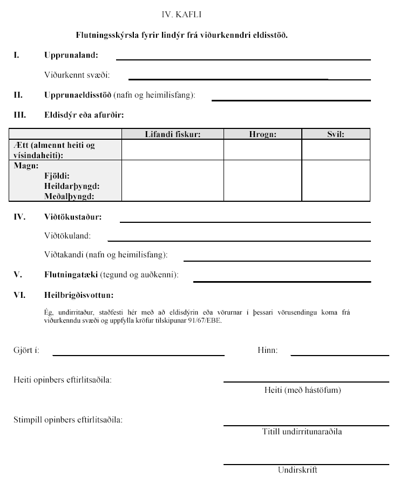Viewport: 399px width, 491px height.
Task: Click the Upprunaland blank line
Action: click(243, 59)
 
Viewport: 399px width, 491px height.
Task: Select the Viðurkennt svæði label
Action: click(77, 76)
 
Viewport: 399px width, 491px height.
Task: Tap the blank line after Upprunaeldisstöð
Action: click(290, 100)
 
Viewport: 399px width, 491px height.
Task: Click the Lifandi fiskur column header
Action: click(173, 134)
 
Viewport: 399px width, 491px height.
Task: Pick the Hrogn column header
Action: click(262, 134)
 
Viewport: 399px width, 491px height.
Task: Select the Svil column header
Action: click(335, 134)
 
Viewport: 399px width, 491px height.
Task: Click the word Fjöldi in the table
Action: click(57, 176)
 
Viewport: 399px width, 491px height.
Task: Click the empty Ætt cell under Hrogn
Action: click(262, 149)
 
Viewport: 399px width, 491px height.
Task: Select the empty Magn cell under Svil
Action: click(335, 181)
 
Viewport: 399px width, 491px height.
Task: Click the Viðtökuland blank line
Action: click(239, 240)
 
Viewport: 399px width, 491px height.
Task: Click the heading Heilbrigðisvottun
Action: click(79, 295)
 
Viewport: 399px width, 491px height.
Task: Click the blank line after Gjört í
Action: click(138, 355)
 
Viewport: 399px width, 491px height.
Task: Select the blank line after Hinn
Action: click(340, 355)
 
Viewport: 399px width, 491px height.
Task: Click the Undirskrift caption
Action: click(297, 470)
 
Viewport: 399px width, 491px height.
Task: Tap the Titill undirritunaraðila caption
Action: click(302, 432)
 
